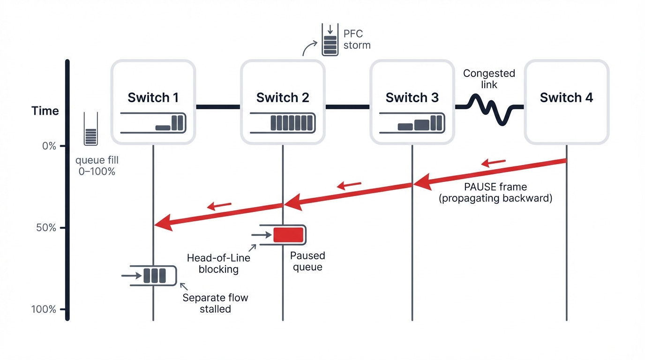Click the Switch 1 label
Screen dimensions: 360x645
[153, 97]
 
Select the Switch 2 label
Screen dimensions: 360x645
[282, 97]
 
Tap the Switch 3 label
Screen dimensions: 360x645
[412, 97]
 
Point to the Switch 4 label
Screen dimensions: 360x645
[566, 97]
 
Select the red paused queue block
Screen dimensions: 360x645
[288, 234]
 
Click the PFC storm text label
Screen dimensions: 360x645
[357, 39]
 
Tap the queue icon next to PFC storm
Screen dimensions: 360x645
[330, 40]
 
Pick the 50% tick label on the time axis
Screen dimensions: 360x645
[46, 228]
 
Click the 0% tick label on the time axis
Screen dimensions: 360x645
[49, 146]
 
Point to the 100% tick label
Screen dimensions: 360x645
[44, 309]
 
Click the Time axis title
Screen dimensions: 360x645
[45, 111]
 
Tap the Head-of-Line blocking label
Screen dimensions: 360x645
[218, 263]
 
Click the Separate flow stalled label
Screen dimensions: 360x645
[215, 303]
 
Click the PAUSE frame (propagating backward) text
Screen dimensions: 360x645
[495, 192]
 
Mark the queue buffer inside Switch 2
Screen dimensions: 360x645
[283, 123]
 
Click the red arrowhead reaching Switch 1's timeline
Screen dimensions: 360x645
[162, 224]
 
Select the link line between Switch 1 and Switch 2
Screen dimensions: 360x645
[217, 107]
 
